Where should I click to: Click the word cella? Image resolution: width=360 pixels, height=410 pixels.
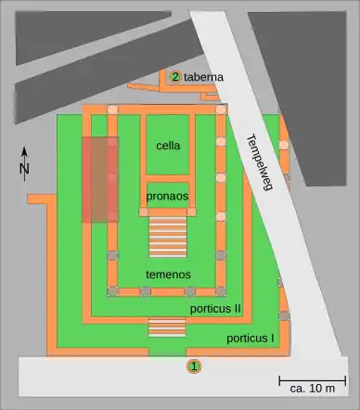pos(168,146)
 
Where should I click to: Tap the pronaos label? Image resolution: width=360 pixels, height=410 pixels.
pos(167,196)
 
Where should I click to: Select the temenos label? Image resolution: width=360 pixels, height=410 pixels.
pos(168,275)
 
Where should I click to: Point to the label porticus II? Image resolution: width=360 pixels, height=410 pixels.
pos(215,309)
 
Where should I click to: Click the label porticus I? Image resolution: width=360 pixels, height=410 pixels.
pos(251,339)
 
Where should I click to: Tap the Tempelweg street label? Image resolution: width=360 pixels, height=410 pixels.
pos(260,162)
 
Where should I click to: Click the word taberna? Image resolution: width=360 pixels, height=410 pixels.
pos(203,77)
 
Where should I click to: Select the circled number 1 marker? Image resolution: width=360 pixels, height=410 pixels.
pos(194,366)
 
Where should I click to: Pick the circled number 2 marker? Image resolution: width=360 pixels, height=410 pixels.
pos(175,77)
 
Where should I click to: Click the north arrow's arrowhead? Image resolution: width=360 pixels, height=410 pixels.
pos(24,151)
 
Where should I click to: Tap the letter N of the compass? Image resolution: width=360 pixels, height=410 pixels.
pos(24,169)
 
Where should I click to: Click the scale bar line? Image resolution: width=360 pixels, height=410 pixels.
pos(313,380)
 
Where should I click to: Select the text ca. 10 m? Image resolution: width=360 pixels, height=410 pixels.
pos(313,389)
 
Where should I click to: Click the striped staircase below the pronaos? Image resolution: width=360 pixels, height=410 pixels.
pos(168,237)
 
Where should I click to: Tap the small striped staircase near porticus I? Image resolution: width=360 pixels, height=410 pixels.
pos(167,327)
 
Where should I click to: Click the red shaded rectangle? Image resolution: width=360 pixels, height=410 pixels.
pos(100,179)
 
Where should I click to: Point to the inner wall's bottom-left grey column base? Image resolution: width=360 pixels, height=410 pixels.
pos(112,291)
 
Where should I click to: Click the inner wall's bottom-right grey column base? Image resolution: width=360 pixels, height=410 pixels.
pos(221,291)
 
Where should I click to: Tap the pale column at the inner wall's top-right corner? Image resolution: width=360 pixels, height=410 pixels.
pos(221,109)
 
